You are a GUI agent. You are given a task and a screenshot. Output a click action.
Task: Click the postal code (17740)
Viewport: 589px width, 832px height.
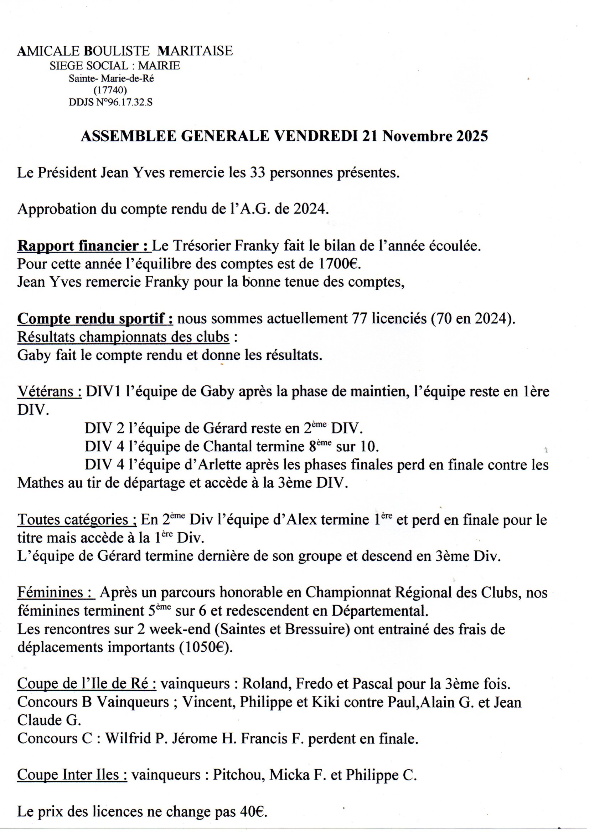click(110, 89)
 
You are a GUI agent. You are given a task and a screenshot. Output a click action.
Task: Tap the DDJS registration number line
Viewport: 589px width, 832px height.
click(110, 103)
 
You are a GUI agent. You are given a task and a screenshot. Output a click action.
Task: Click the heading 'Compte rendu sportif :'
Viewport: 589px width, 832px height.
click(95, 319)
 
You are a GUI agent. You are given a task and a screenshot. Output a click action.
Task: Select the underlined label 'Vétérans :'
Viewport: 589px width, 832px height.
click(49, 392)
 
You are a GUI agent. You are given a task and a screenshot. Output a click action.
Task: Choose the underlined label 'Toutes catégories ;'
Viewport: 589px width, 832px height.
click(77, 520)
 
